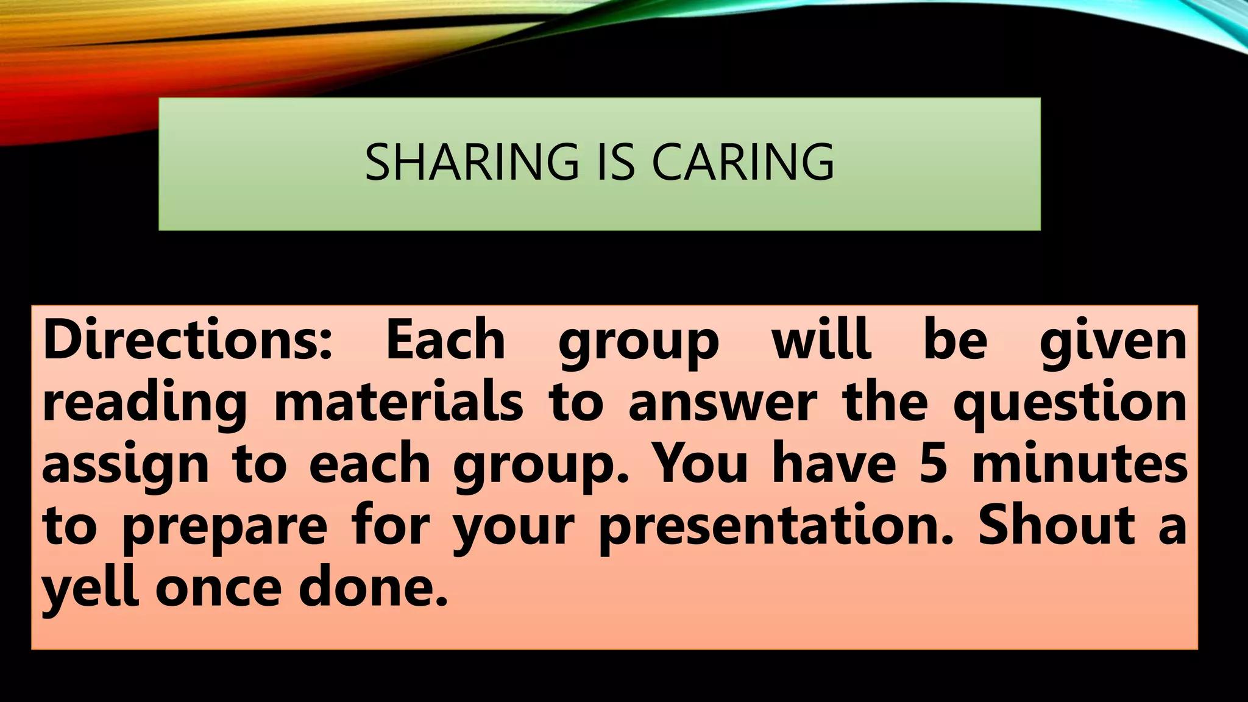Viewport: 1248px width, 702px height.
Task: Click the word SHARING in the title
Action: click(x=472, y=162)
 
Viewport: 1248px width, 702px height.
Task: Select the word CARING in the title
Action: click(x=743, y=162)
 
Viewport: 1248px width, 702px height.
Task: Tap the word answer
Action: click(x=722, y=403)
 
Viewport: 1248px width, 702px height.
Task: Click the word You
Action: click(x=700, y=464)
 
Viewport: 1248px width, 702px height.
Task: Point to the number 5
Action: click(x=933, y=464)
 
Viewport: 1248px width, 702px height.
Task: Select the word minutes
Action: click(x=1079, y=464)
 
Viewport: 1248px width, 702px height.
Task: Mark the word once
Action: click(x=218, y=589)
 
